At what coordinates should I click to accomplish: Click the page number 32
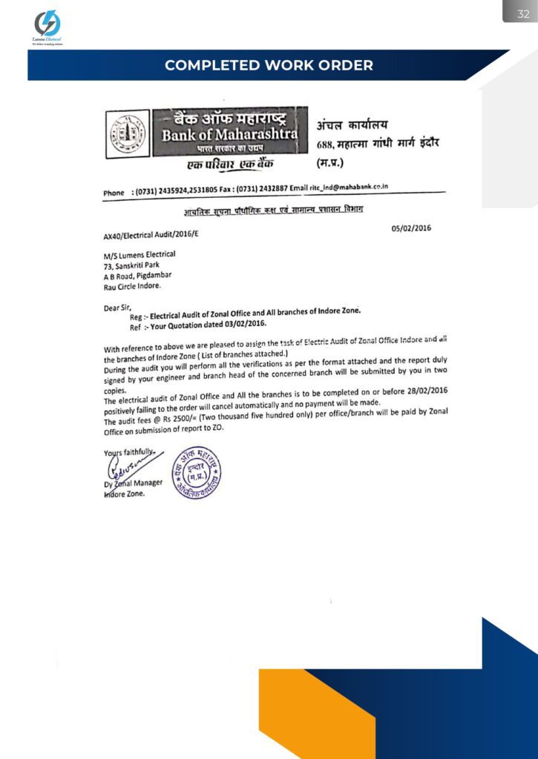pyautogui.click(x=523, y=13)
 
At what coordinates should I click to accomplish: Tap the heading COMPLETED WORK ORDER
pyautogui.click(x=269, y=65)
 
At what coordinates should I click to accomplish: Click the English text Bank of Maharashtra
pyautogui.click(x=230, y=135)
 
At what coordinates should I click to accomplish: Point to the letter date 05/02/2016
pyautogui.click(x=411, y=228)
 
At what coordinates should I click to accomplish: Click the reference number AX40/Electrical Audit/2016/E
pyautogui.click(x=151, y=236)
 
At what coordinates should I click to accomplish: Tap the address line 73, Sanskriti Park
pyautogui.click(x=131, y=265)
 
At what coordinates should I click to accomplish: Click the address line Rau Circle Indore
pyautogui.click(x=132, y=285)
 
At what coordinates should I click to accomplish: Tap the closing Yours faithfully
pyautogui.click(x=129, y=451)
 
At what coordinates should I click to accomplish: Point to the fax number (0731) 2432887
pyautogui.click(x=261, y=190)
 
